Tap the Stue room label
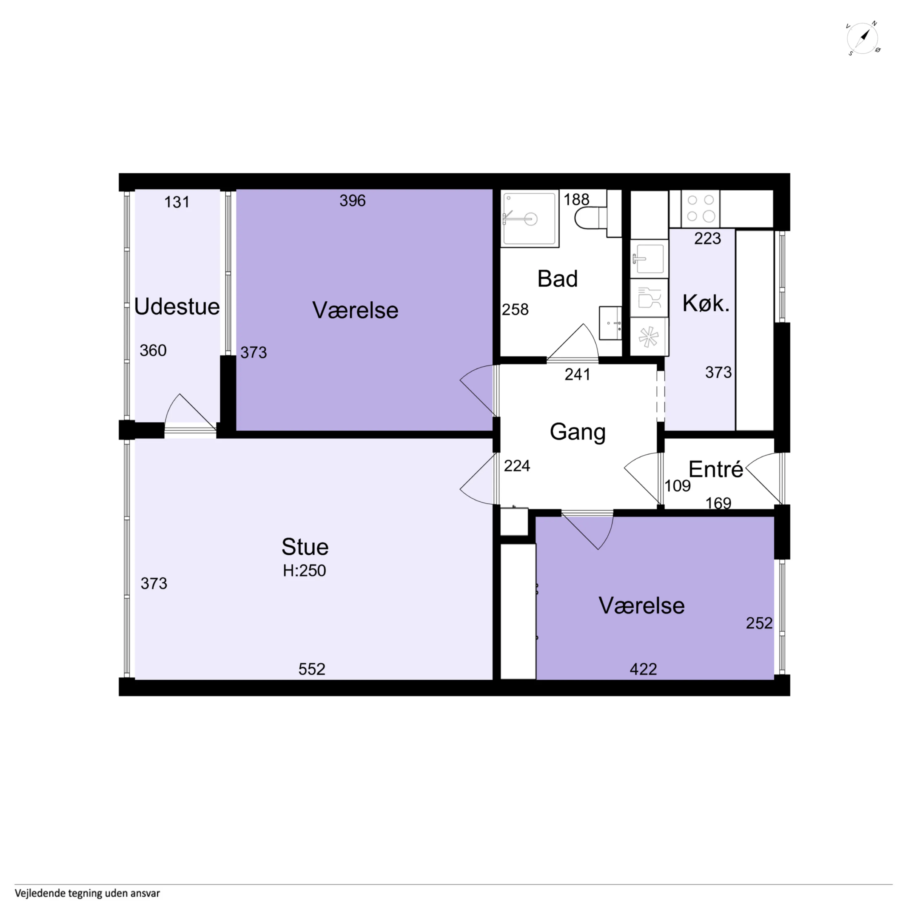point(305,547)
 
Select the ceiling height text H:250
point(304,571)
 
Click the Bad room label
point(557,279)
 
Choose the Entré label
point(716,469)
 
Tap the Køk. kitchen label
point(706,304)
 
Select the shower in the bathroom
point(530,219)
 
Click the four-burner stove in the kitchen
point(700,208)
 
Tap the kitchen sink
point(649,258)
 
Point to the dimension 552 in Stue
point(312,669)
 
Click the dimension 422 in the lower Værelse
point(643,669)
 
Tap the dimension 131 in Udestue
point(177,202)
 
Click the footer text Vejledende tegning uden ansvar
point(87,893)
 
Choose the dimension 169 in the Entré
point(718,503)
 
